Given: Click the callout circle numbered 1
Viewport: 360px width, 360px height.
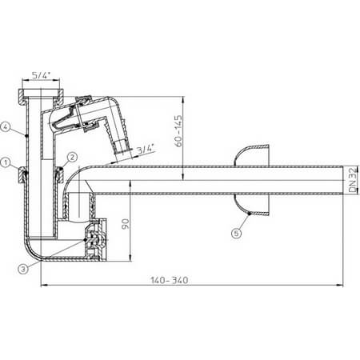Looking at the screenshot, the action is coord(6,162).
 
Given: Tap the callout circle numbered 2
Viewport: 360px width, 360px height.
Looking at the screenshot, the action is coord(72,157).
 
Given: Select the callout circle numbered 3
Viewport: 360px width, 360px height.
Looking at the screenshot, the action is coord(23,269).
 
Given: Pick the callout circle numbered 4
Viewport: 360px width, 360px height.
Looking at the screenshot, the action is coord(6,126).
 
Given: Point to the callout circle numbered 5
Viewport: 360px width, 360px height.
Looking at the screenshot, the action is coord(237,234).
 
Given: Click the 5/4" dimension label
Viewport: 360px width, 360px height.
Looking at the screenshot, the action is coord(42,75).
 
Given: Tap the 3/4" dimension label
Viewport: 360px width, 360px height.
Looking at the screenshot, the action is coord(146,149).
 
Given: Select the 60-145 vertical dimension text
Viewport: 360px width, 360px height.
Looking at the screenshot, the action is coord(178,130).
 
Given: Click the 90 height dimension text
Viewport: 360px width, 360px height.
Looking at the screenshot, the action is coord(126,224).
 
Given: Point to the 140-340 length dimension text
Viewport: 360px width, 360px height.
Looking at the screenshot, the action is coord(170,280).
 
